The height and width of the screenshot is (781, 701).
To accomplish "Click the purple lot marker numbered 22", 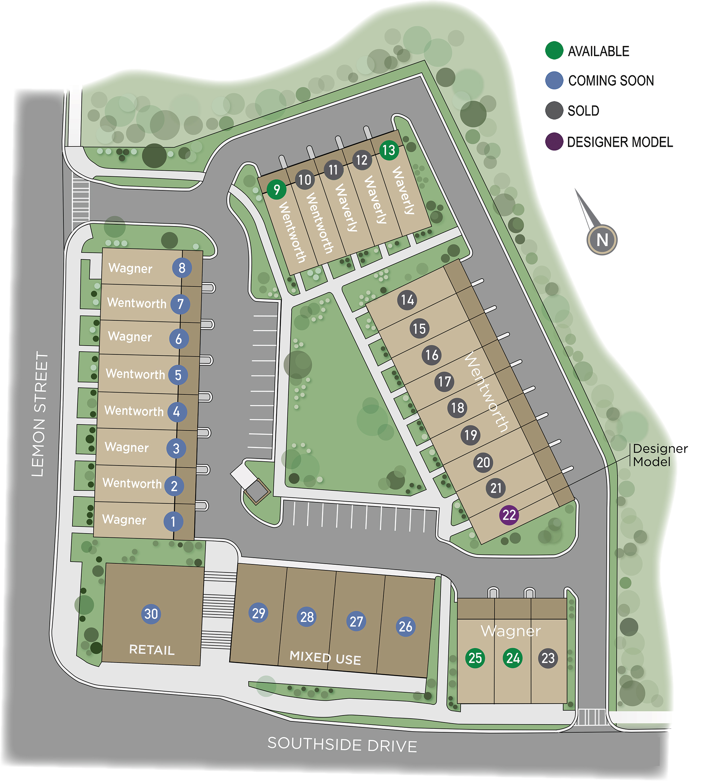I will pos(509,515).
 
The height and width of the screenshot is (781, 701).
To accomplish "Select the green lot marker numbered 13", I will pos(389,150).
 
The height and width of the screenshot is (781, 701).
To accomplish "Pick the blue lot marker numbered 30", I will pos(151,613).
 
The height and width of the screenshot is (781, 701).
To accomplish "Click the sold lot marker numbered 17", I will pos(444,382).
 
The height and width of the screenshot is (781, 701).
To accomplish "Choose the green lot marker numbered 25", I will pos(475,658).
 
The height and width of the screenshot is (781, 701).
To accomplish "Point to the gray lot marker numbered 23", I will pos(548,658).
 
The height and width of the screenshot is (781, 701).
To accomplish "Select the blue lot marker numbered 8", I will pos(182,268).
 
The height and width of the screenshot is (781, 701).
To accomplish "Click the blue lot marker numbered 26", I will pos(406,626).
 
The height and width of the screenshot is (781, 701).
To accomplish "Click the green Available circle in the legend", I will pos(554,50).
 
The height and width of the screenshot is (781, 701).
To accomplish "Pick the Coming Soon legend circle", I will pos(554,81).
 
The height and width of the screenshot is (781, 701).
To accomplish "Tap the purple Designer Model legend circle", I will pos(554,141).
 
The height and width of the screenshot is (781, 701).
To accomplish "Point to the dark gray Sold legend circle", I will pos(554,110).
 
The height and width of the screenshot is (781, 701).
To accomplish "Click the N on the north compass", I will pos(602,240).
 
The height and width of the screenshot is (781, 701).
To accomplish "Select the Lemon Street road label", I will pos(40,414).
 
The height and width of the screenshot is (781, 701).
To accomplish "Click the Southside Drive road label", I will pos(342,745).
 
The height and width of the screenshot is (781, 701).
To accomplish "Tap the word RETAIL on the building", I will pos(152,650).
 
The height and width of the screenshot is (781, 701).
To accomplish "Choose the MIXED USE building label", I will pos(325,658).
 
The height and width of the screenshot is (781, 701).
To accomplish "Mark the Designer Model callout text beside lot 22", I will pos(660,455).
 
